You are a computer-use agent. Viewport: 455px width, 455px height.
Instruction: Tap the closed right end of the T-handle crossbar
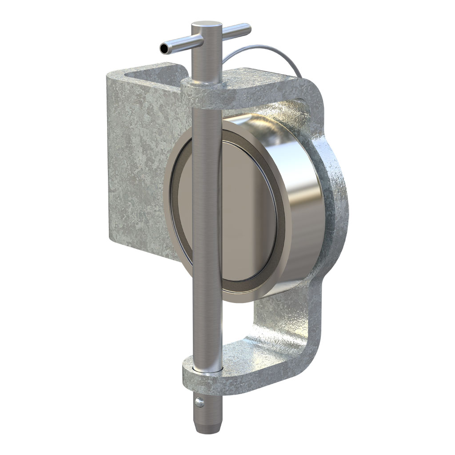click(x=247, y=30)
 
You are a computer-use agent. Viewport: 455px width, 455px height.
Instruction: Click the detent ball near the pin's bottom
click(x=200, y=403)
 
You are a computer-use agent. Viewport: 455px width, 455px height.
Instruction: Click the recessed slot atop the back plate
click(x=151, y=70)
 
